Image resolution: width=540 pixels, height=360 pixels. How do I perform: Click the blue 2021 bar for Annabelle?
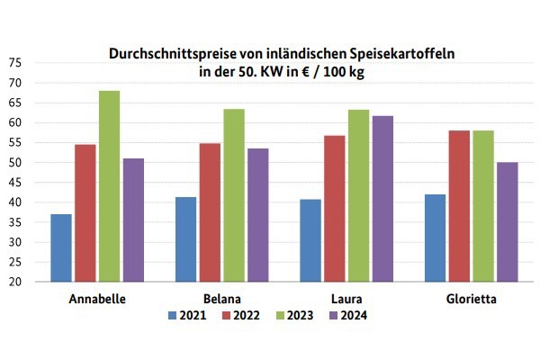coord(61,247)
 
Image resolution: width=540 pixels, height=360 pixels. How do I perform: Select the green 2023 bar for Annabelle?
coord(110,186)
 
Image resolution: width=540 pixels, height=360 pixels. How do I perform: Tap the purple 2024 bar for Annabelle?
coord(133,220)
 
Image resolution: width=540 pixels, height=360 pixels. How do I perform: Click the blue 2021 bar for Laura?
coord(310,240)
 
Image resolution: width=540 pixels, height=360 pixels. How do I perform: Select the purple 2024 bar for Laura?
coord(382,199)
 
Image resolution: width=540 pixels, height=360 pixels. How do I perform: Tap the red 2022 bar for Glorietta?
coord(459,206)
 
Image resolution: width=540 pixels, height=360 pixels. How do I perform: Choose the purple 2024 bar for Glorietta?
coord(507,221)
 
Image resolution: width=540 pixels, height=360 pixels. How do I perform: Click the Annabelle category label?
coord(96,298)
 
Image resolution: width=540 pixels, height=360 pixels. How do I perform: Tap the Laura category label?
coord(346,298)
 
